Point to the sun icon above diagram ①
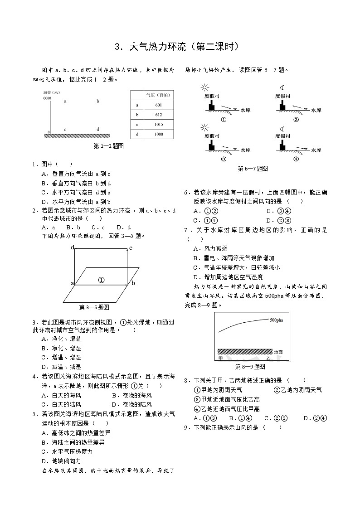tap(205, 87)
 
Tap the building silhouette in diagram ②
tap(283, 106)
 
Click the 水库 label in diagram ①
tap(246, 110)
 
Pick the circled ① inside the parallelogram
tap(102, 280)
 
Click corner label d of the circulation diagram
tap(72, 247)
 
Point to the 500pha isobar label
tap(277, 320)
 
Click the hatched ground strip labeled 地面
tap(245, 351)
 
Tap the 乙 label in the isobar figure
tap(268, 358)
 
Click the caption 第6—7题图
tap(253, 169)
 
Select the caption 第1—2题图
tap(108, 146)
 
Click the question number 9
tap(186, 427)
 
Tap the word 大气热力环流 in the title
tap(156, 47)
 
